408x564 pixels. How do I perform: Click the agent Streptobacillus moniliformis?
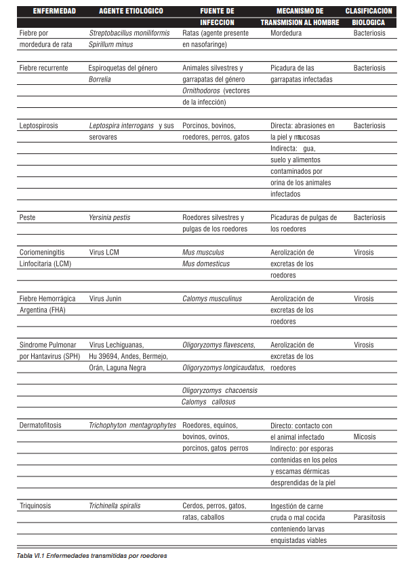coord(129,33)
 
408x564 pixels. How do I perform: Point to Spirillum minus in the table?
coord(111,44)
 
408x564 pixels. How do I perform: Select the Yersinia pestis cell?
coord(110,218)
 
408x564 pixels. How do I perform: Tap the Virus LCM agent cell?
coord(104,252)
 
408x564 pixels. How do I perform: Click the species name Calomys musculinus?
coord(212,299)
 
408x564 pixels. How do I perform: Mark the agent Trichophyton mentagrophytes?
coord(132,426)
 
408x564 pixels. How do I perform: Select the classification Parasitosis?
coord(369,517)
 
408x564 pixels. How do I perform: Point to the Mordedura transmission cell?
coord(287,33)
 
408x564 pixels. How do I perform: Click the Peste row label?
coord(28,218)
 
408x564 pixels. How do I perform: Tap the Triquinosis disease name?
coord(35,506)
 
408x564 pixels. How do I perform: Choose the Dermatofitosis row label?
coord(41,426)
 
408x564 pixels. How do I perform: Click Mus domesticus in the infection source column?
coord(206,263)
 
